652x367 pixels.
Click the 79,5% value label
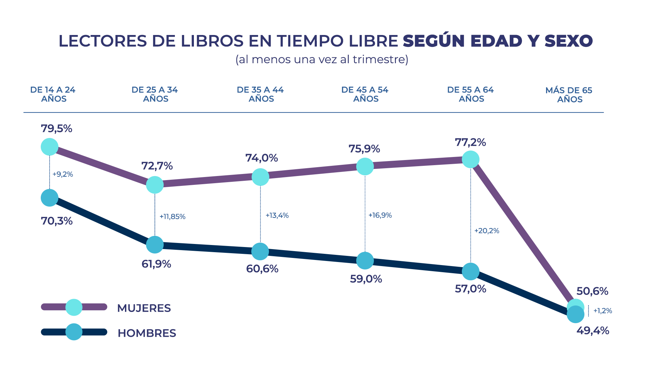click(x=56, y=129)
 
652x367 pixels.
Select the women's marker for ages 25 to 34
click(x=155, y=185)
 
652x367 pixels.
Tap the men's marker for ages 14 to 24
click(x=50, y=198)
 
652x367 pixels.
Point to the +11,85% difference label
click(x=173, y=216)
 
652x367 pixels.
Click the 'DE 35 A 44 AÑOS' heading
click(x=260, y=94)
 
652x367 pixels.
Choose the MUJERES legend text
click(x=144, y=308)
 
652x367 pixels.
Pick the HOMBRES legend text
click(x=147, y=333)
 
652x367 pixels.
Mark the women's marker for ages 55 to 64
click(x=471, y=159)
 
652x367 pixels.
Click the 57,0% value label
click(x=470, y=289)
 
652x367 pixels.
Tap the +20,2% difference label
click(x=487, y=231)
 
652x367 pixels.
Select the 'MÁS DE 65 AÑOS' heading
click(x=569, y=95)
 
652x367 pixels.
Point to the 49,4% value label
click(x=593, y=330)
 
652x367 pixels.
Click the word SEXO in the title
click(x=568, y=41)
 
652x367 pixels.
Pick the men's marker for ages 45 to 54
click(x=365, y=261)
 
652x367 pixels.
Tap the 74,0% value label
click(x=261, y=158)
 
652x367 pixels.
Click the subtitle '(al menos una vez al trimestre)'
click(x=322, y=59)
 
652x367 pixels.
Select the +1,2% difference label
click(x=602, y=311)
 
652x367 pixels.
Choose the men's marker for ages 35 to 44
click(x=260, y=251)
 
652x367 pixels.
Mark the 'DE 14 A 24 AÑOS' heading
click(x=53, y=94)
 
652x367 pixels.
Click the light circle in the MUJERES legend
click(x=74, y=307)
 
